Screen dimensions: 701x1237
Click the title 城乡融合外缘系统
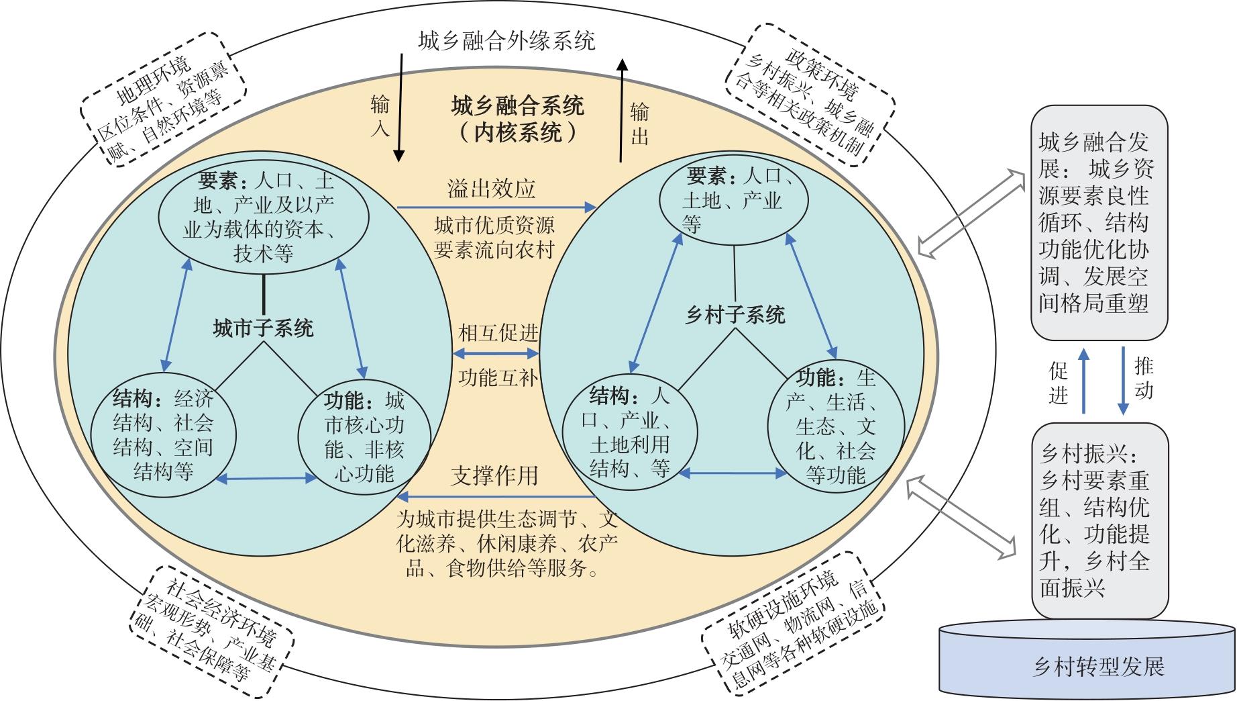point(506,41)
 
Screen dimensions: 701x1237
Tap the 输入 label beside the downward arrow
point(379,115)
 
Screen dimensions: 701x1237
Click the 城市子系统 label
point(263,328)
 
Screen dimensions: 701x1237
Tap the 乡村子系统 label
point(735,315)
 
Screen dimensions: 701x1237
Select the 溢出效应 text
point(492,189)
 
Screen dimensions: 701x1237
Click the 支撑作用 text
point(494,475)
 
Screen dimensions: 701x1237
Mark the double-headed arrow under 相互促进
point(496,353)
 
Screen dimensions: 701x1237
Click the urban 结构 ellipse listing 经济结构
point(163,436)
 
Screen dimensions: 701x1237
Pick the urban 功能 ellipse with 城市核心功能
point(364,436)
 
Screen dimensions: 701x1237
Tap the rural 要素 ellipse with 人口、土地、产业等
point(734,201)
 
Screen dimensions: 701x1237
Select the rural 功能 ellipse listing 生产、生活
point(836,426)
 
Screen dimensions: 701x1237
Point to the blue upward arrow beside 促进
point(1083,380)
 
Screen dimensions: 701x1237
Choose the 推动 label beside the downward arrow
point(1144,379)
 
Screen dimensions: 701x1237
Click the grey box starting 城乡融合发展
point(1099,222)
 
